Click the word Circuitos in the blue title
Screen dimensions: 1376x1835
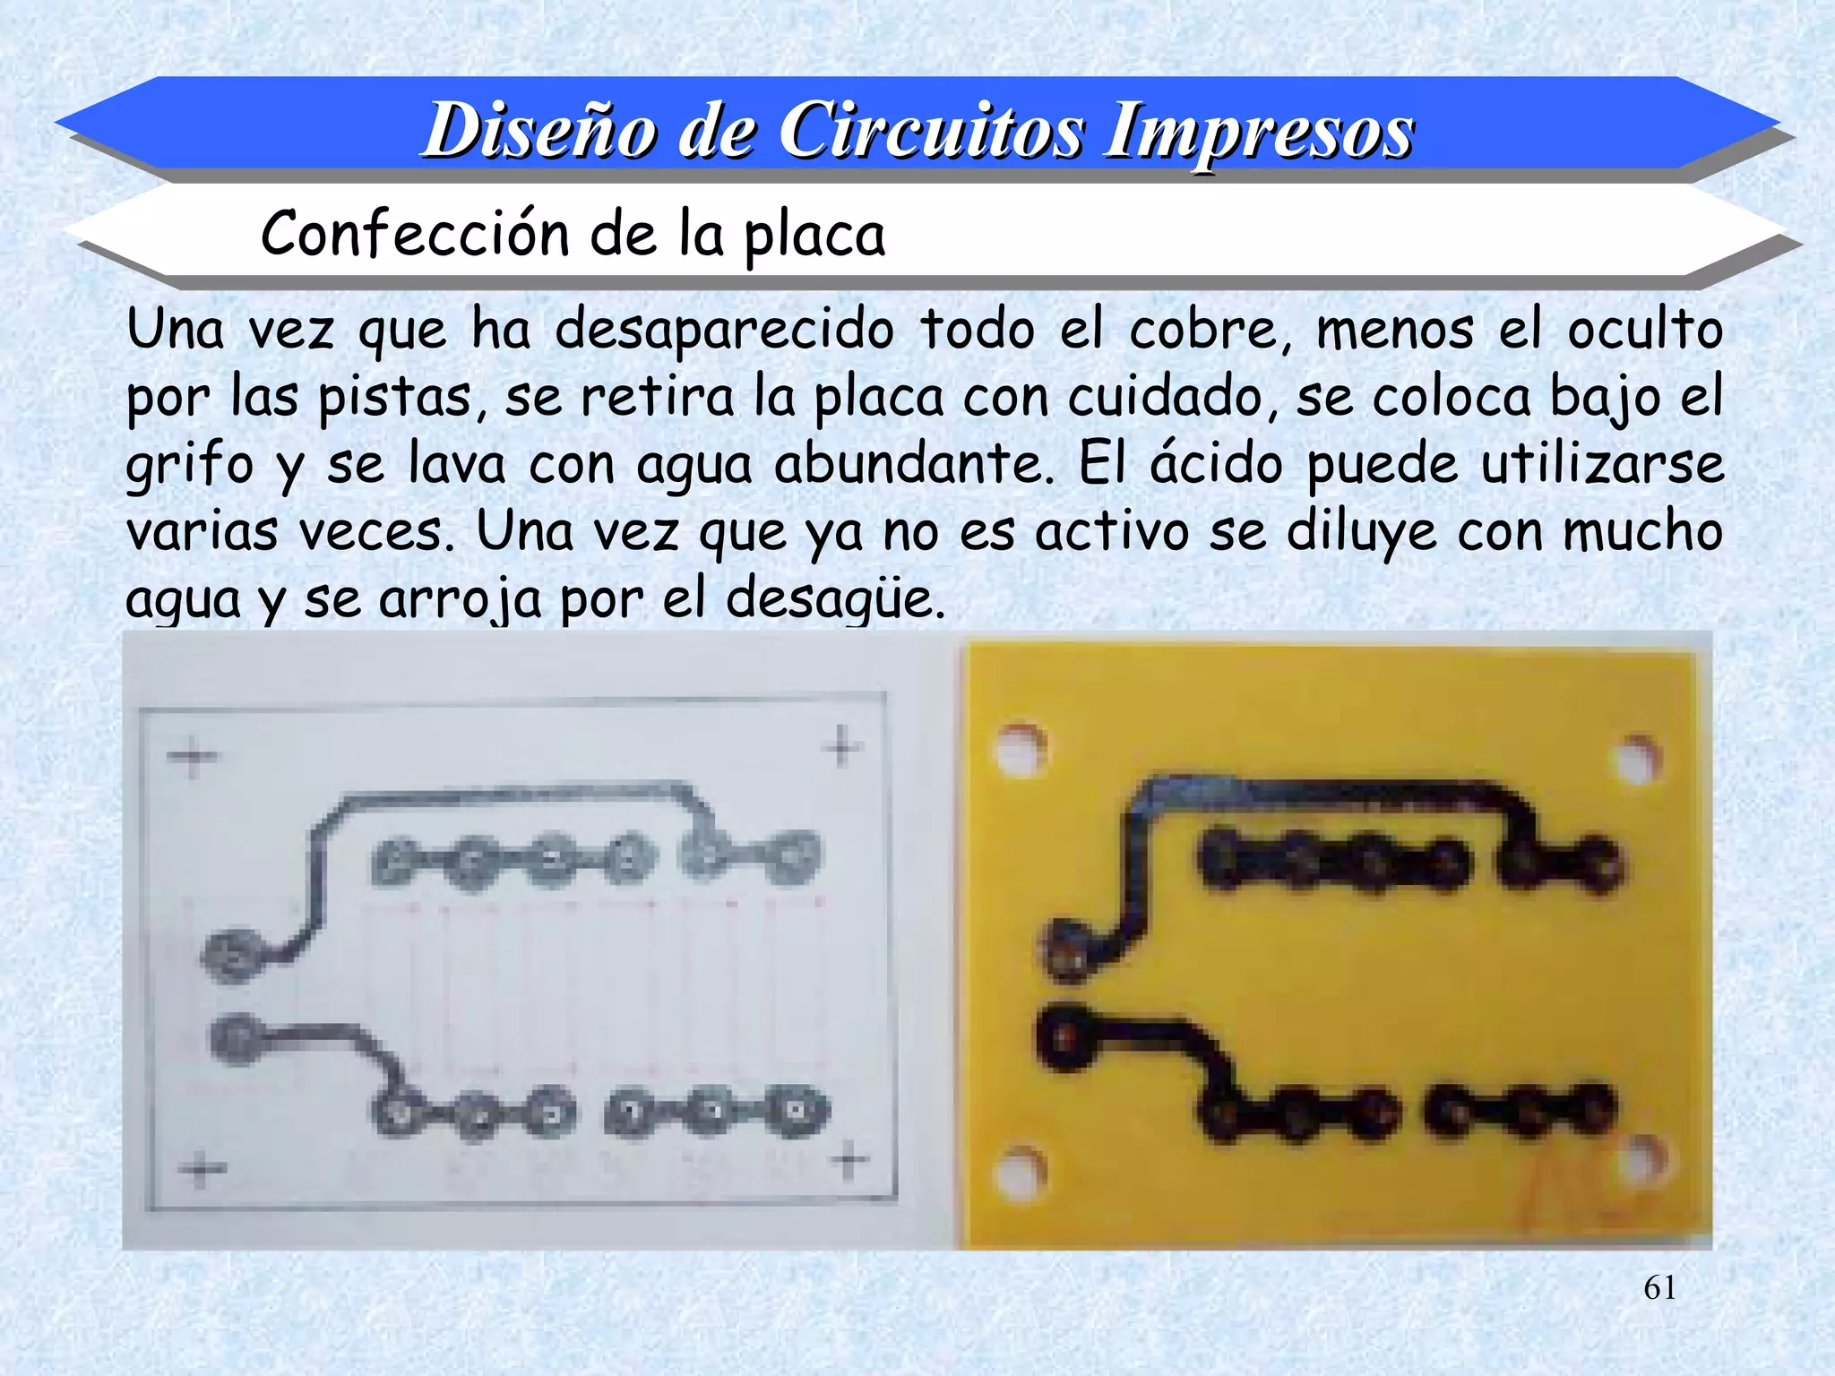coord(932,132)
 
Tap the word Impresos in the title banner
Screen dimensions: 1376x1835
coord(1259,132)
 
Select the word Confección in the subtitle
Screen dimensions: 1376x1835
coord(415,234)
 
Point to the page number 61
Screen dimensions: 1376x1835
coord(1659,1287)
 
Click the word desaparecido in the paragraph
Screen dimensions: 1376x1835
coord(724,331)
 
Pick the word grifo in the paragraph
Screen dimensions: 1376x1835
coord(189,466)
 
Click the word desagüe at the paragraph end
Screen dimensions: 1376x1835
coord(834,598)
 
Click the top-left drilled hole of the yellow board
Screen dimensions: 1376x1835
coord(1022,748)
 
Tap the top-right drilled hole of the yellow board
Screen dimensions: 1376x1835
coord(1638,760)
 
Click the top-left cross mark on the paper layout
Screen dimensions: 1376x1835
coord(192,757)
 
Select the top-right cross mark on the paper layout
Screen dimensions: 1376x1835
coord(841,746)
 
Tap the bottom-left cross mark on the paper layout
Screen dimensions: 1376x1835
coord(202,1169)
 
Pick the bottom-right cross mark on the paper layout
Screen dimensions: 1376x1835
coord(849,1161)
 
